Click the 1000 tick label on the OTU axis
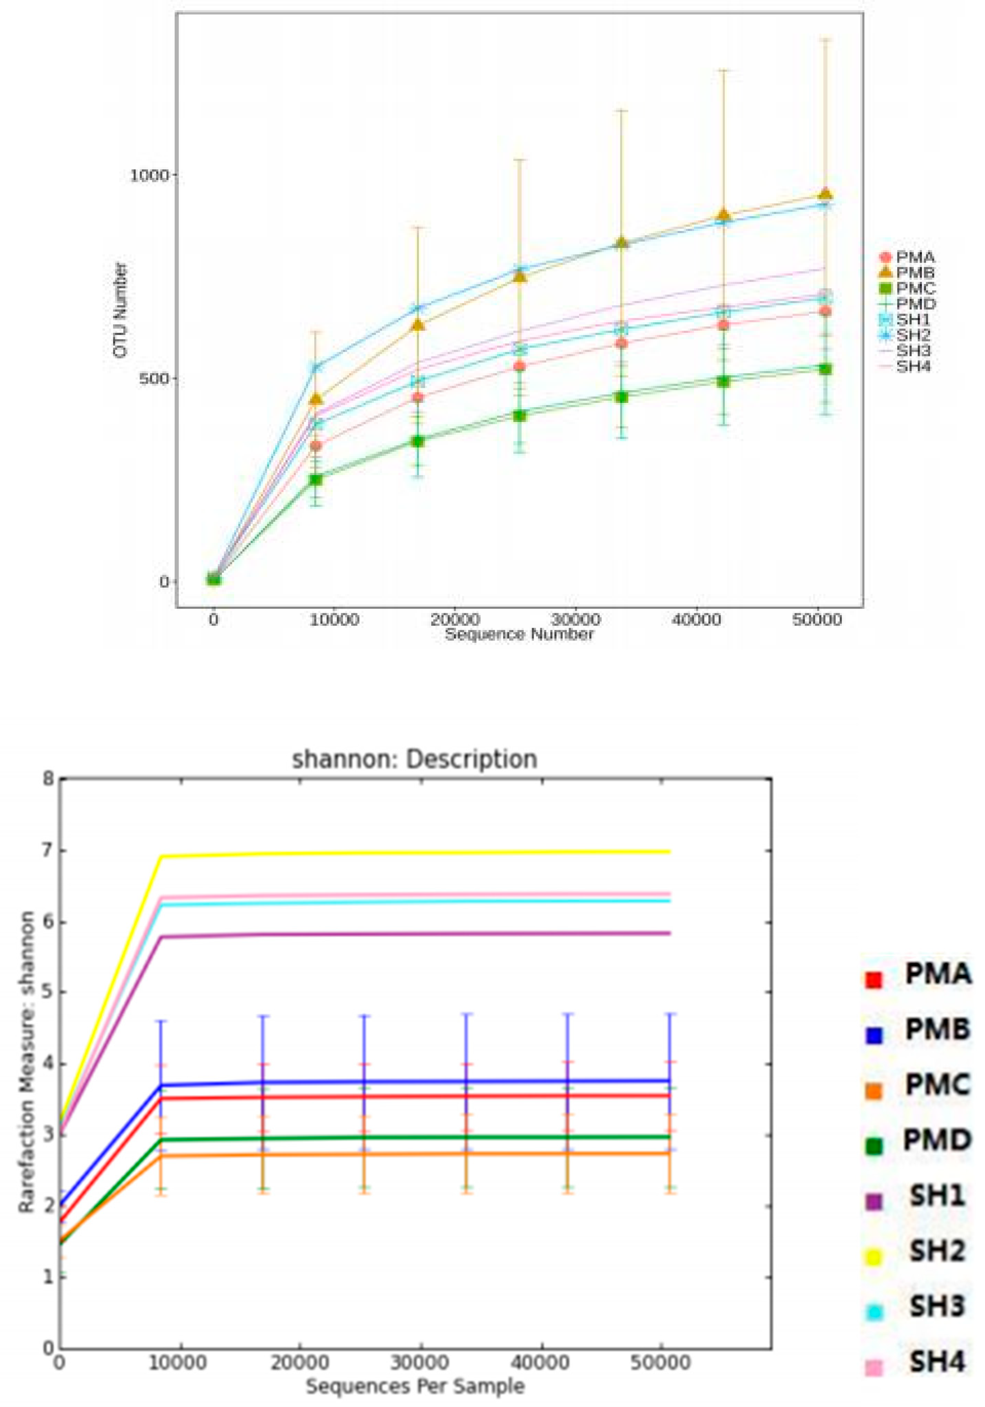tap(148, 175)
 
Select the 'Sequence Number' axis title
tap(519, 634)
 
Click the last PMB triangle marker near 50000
tap(825, 194)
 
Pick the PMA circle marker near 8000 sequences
tap(316, 445)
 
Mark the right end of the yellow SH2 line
tap(669, 851)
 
